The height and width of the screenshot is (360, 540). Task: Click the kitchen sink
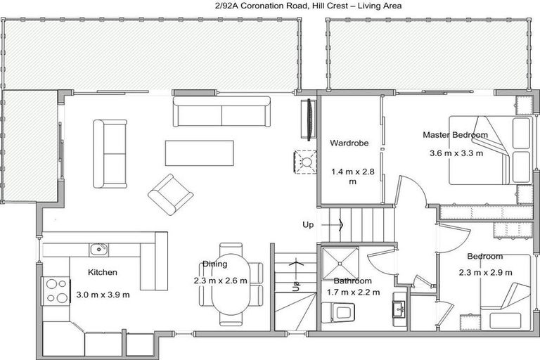click(98, 249)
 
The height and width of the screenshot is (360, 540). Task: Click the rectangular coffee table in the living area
click(199, 153)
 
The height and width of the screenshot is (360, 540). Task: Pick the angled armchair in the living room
click(170, 193)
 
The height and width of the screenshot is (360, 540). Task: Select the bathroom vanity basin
click(399, 307)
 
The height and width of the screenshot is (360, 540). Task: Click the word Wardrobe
click(349, 144)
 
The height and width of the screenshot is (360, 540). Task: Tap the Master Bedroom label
click(455, 134)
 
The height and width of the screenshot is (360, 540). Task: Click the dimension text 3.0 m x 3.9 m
click(103, 295)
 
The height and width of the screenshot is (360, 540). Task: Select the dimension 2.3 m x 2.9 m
click(485, 272)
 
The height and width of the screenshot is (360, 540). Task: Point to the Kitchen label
click(102, 272)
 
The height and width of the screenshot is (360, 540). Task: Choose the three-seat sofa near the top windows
click(221, 112)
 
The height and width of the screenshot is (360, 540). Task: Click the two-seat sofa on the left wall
click(110, 153)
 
